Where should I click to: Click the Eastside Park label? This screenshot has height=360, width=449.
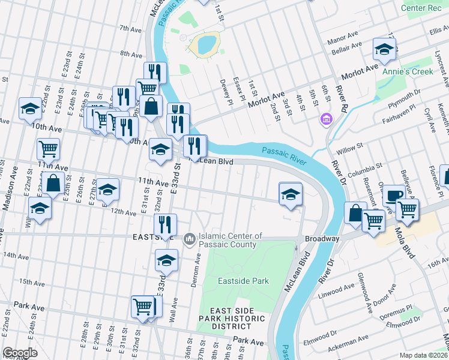tap(243, 281)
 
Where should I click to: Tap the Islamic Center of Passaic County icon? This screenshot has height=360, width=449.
tap(190, 240)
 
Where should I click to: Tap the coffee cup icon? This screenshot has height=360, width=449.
tap(394, 196)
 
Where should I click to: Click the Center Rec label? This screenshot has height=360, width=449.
tap(421, 8)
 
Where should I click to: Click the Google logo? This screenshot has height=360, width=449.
tap(20, 353)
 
